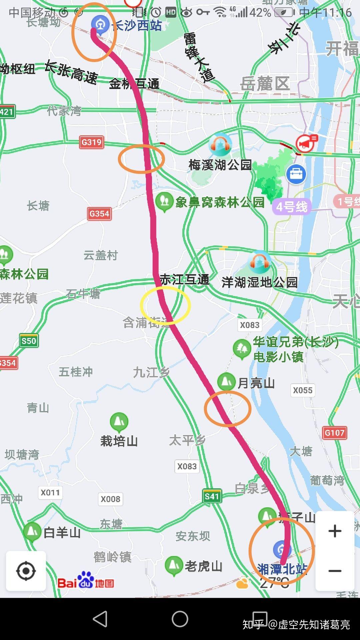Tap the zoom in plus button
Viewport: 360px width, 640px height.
pyautogui.click(x=335, y=531)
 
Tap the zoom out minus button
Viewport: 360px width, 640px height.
pyautogui.click(x=335, y=571)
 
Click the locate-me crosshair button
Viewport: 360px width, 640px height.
pyautogui.click(x=26, y=571)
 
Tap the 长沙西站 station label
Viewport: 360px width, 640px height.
pyautogui.click(x=137, y=25)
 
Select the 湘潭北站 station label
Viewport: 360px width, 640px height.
pyautogui.click(x=282, y=569)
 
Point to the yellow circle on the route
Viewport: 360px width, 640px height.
pyautogui.click(x=165, y=305)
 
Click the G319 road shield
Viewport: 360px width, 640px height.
pyautogui.click(x=91, y=142)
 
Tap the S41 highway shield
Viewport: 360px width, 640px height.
pyautogui.click(x=212, y=496)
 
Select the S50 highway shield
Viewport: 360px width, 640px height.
pyautogui.click(x=29, y=341)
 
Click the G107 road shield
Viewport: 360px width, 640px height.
pyautogui.click(x=334, y=433)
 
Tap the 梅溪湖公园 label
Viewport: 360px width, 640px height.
pyautogui.click(x=220, y=165)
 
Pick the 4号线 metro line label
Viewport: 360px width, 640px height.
pyautogui.click(x=292, y=207)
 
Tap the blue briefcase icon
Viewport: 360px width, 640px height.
pyautogui.click(x=296, y=174)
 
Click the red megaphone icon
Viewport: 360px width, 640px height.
pyautogui.click(x=307, y=143)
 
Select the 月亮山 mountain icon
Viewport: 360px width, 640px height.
pyautogui.click(x=227, y=381)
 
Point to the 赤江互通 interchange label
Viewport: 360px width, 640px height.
pyautogui.click(x=184, y=279)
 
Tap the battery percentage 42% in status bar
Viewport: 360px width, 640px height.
pyautogui.click(x=260, y=13)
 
